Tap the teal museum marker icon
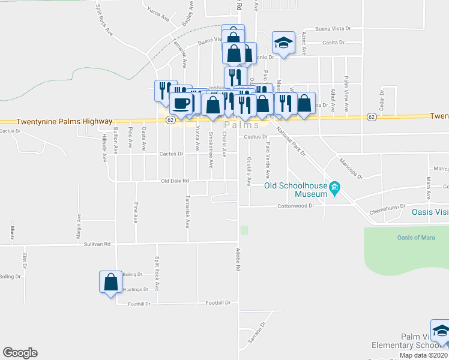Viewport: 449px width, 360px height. pyautogui.click(x=336, y=189)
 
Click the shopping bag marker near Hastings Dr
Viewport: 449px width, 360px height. pyautogui.click(x=111, y=283)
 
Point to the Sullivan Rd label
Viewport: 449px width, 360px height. pyautogui.click(x=99, y=244)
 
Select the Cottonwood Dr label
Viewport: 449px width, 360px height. pyautogui.click(x=296, y=206)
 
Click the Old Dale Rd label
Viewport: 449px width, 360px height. pyautogui.click(x=175, y=181)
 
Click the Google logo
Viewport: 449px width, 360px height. pyautogui.click(x=20, y=353)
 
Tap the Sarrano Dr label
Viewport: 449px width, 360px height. pyautogui.click(x=255, y=338)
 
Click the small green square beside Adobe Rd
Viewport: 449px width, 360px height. pyautogui.click(x=244, y=230)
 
